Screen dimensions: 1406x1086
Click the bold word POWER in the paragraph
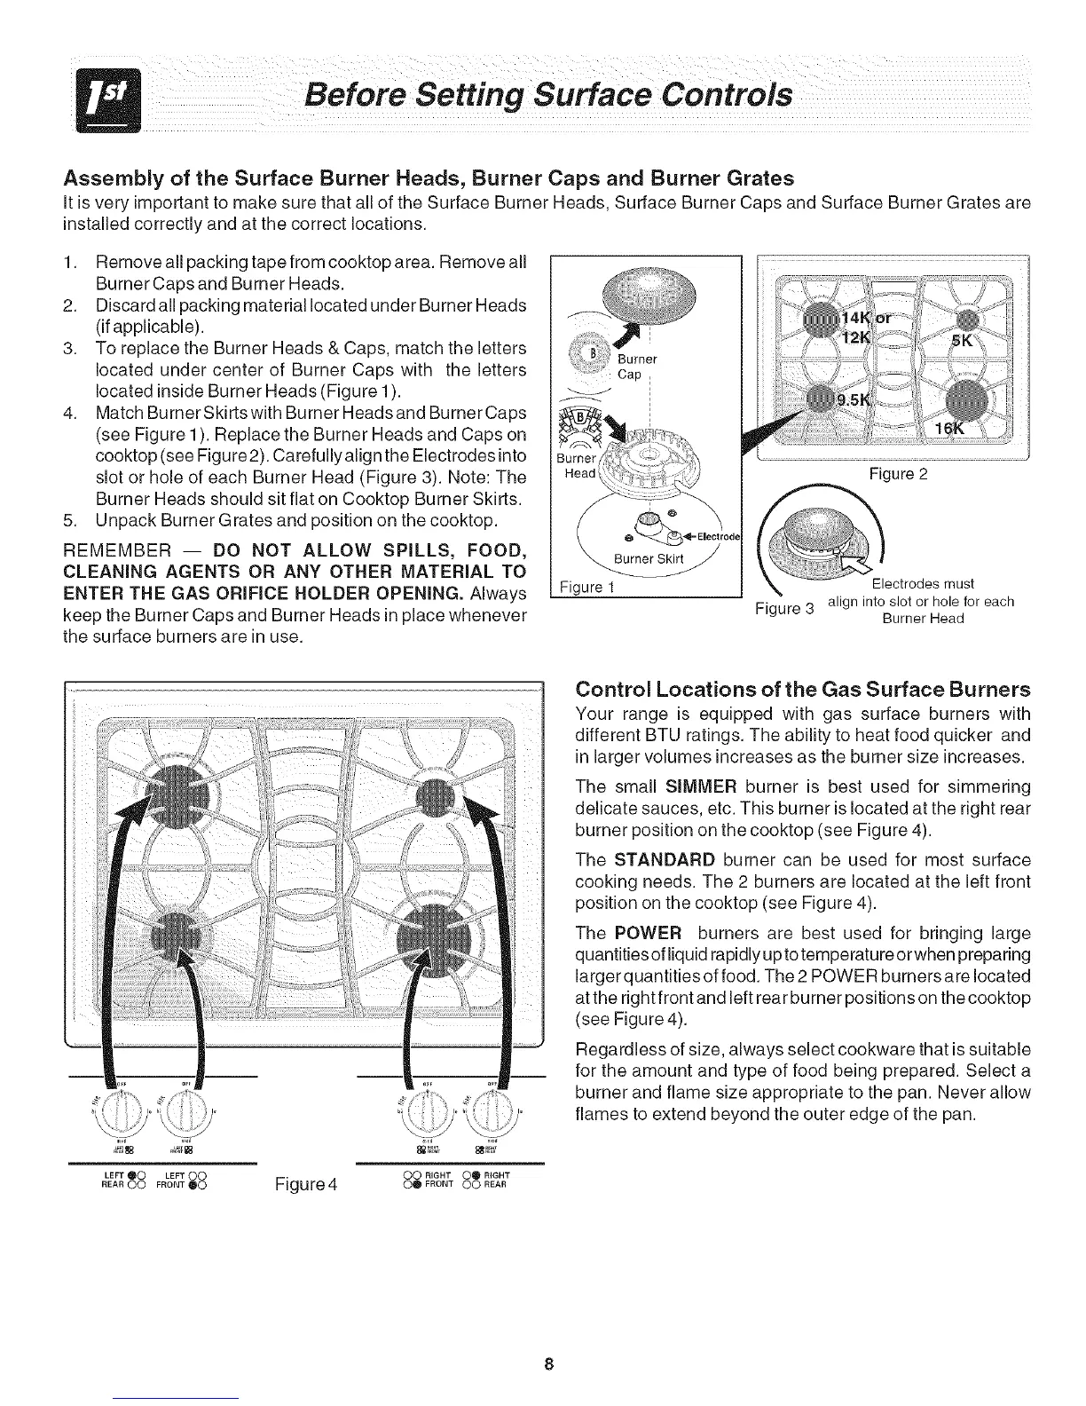648,933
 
